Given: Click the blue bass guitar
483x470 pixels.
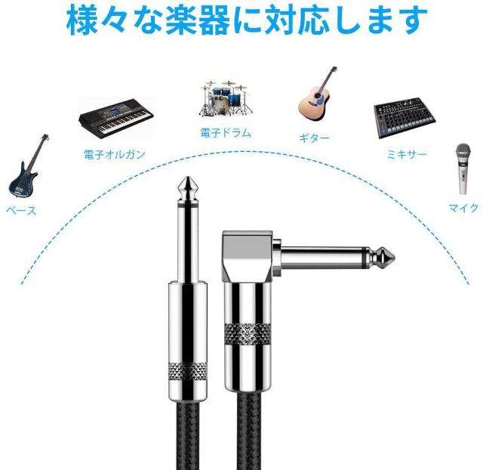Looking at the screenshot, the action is click(25, 173).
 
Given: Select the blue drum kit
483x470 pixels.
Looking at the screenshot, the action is click(226, 99).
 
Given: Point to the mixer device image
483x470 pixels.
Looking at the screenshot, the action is click(405, 118).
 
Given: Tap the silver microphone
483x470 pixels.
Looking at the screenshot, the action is click(463, 169).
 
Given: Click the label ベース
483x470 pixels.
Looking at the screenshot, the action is click(21, 211).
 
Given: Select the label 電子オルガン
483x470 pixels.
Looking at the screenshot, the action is click(114, 154).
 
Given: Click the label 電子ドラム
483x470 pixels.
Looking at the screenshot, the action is click(226, 133).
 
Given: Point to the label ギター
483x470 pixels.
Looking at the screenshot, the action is click(314, 138).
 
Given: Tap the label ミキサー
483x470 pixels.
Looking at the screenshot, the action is click(407, 154).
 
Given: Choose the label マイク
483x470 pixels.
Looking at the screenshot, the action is click(463, 208).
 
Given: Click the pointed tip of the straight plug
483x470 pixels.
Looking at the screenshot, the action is click(188, 177).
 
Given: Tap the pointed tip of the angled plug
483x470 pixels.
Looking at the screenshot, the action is click(395, 255).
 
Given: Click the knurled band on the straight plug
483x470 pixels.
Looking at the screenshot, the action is click(188, 371).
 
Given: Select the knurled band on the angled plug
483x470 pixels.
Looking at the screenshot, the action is click(248, 334).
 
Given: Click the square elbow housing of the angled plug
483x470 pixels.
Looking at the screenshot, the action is click(248, 256).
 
